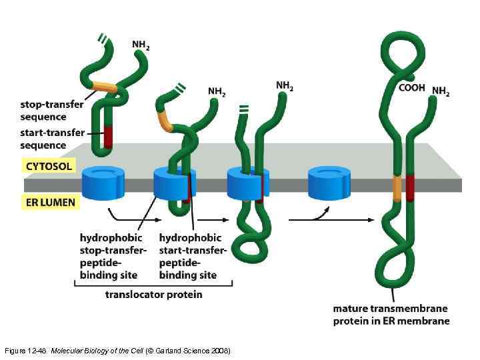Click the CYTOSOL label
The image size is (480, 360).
49,165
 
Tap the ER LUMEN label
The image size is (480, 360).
51,201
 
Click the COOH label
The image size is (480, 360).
411,87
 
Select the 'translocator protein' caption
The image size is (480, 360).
153,293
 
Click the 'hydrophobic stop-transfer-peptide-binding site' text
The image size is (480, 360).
112,255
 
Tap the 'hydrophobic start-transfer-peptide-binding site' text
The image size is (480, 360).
193,255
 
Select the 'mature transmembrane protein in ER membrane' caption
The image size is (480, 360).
391,314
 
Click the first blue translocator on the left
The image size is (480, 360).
103,182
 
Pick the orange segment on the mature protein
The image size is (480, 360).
397,187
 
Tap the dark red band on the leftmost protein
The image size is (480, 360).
109,137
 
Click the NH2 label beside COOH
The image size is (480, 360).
441,91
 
